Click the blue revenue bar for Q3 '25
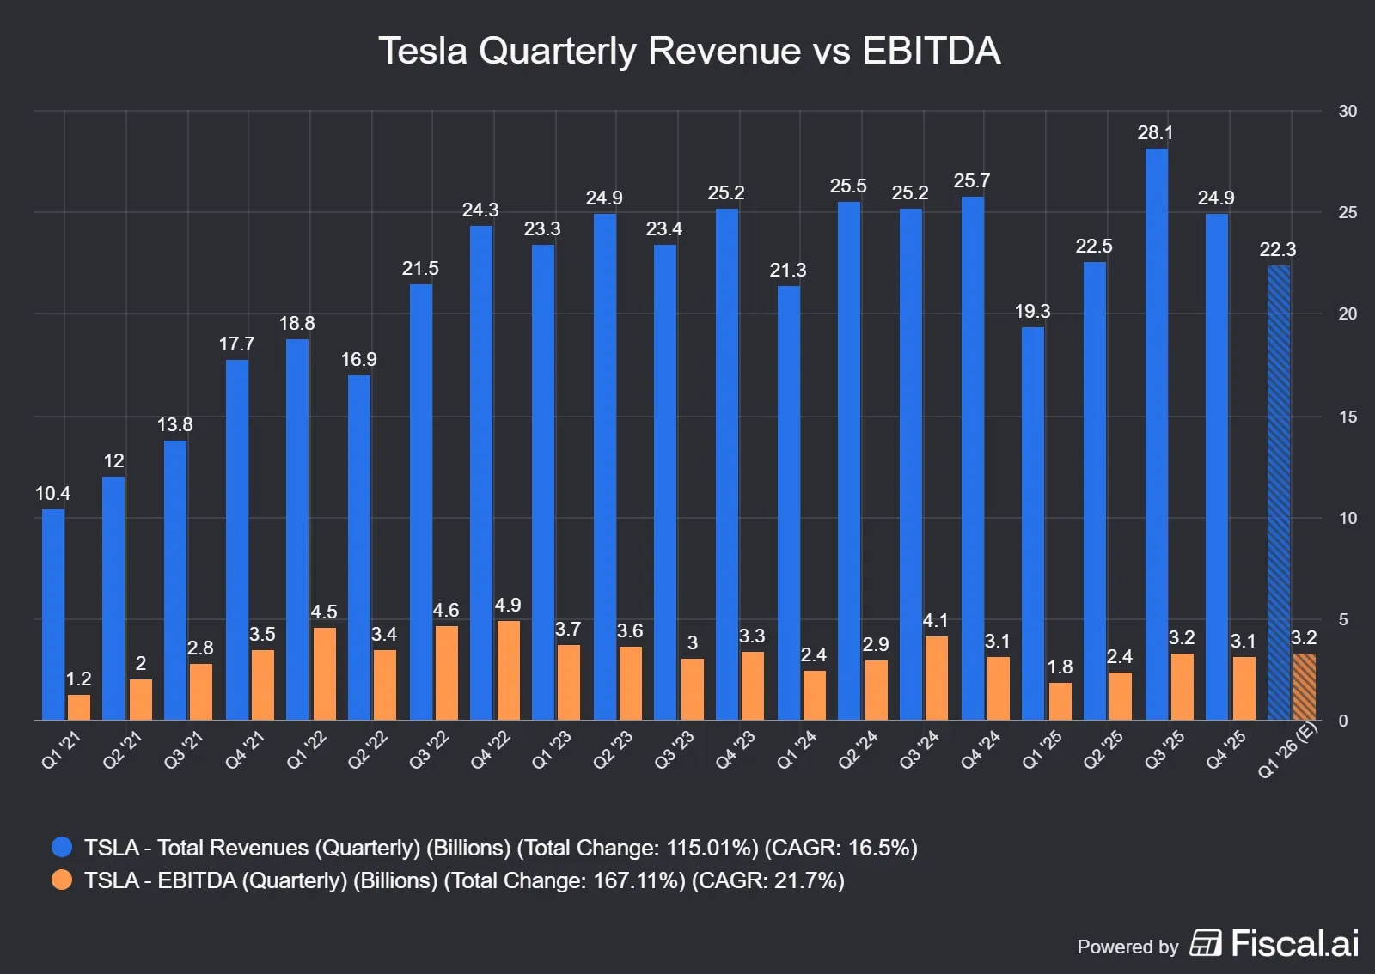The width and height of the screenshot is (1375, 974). coord(1156,434)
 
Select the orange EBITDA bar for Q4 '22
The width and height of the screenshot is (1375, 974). coord(508,670)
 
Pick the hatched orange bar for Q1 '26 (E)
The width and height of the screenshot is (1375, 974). coord(1304,687)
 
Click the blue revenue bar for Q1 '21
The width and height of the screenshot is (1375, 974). coord(53,614)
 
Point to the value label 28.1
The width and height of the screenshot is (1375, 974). coord(1155,133)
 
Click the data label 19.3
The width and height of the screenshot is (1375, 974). coord(1032,312)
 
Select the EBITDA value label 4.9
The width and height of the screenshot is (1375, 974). coord(508,606)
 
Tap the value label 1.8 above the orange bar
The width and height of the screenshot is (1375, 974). coord(1060,667)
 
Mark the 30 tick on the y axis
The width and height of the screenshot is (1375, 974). coord(1347,112)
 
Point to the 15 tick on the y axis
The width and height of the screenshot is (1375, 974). coord(1347,417)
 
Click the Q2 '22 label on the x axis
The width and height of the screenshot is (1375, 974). coord(368,750)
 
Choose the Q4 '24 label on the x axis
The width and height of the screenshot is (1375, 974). coord(981,750)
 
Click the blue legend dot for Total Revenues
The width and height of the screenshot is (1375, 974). coord(62,848)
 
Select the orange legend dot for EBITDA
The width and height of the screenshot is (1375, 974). coord(62,880)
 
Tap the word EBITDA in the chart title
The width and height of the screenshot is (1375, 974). coord(931,51)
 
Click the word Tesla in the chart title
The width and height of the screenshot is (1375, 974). coord(423,51)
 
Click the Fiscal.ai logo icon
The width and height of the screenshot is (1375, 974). coord(1205,943)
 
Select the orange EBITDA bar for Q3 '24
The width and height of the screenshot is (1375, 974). coord(936,678)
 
